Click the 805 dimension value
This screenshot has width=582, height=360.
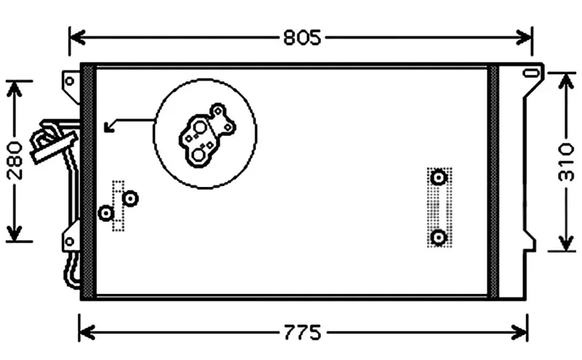[302, 38]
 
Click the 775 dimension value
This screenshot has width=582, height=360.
[303, 332]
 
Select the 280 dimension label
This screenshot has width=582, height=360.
[15, 160]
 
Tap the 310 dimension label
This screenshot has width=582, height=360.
[566, 162]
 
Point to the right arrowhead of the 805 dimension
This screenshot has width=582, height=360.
[524, 38]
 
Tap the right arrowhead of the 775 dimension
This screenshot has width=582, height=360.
[519, 332]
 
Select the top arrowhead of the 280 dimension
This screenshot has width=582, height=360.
[14, 89]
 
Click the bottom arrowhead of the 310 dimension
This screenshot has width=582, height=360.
[566, 243]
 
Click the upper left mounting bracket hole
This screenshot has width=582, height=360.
[70, 81]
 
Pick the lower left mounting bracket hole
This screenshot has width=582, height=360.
[69, 241]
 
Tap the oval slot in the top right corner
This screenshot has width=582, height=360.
[531, 73]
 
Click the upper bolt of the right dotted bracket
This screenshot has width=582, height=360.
[439, 177]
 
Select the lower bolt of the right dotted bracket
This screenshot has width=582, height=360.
[439, 237]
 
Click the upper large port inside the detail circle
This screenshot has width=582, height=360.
[200, 128]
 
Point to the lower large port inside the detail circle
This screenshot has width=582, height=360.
[199, 154]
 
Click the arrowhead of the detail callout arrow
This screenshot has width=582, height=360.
[108, 128]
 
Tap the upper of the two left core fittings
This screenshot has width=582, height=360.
[130, 199]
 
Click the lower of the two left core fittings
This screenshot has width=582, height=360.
[106, 213]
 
